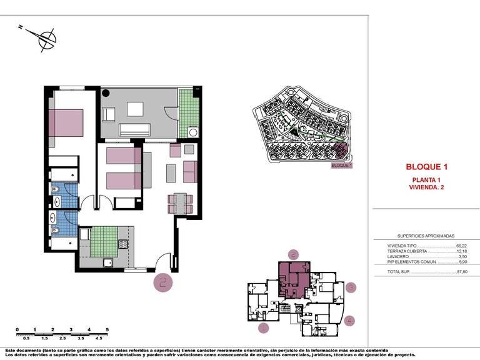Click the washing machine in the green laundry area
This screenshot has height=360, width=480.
click(x=192, y=132)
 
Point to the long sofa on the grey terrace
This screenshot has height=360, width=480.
click(x=135, y=129)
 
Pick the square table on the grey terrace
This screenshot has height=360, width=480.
click(x=135, y=109)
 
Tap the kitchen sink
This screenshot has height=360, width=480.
click(x=107, y=262)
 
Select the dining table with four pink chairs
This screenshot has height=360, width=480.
click(x=181, y=202)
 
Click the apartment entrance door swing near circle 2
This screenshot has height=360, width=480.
click(x=164, y=261)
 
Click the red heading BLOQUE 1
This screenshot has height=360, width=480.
click(x=427, y=167)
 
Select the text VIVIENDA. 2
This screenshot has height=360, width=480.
click(x=427, y=187)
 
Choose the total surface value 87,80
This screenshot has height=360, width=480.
click(x=462, y=272)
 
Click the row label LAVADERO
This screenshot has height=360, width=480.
click(x=399, y=257)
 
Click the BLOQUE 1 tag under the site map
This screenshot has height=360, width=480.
click(x=342, y=166)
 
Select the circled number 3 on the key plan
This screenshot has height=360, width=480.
click(x=352, y=287)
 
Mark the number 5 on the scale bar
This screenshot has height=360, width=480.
click(x=107, y=329)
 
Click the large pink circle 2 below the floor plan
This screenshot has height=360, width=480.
click(x=164, y=282)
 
